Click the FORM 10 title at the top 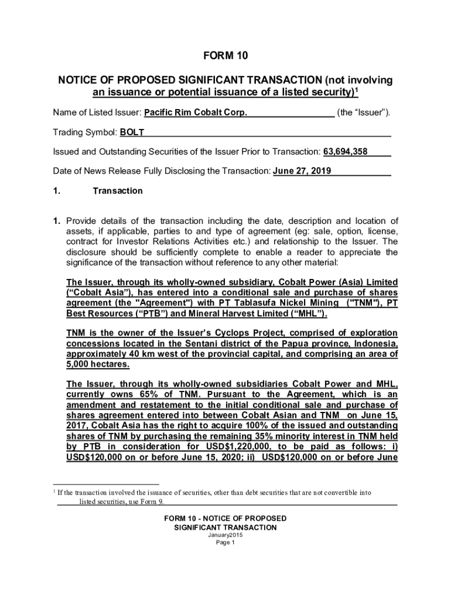tap(225, 56)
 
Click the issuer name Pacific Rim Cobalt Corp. tap(196, 112)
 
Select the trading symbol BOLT tap(132, 132)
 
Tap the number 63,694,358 tap(346, 152)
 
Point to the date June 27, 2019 tap(302, 171)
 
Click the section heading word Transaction tap(117, 191)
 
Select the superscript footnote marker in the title tap(357, 89)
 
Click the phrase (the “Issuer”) tap(364, 112)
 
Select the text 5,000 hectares tap(98, 364)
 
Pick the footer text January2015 tap(225, 535)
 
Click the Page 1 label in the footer tap(225, 543)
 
